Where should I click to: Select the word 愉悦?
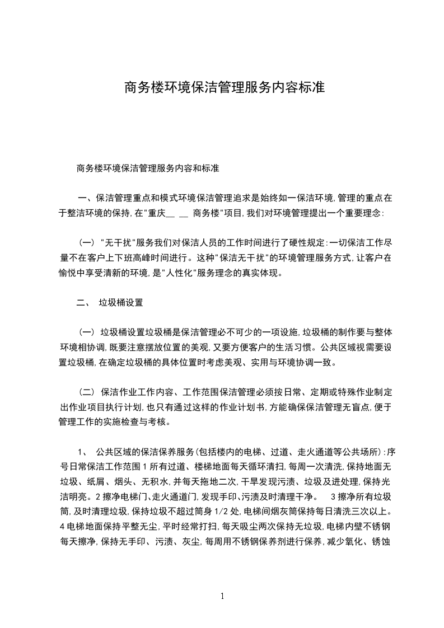(x=72, y=274)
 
